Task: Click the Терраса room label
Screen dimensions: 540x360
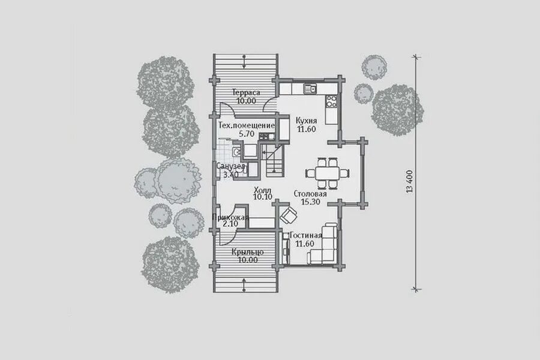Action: pos(246,92)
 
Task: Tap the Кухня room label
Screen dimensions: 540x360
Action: pos(306,121)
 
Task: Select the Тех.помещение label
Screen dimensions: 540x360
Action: pos(247,125)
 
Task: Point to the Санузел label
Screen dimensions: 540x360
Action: pos(231,167)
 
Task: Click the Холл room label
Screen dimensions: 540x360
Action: pos(262,190)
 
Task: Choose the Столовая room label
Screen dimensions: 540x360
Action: pos(310,194)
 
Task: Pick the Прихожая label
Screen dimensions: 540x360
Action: pos(230,217)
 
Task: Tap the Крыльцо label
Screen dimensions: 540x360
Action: pos(248,252)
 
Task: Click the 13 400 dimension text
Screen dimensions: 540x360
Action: pos(409,181)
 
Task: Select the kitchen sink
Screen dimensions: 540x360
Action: pos(310,89)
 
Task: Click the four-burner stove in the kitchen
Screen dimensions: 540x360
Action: pos(332,101)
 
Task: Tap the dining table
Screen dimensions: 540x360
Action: pos(328,173)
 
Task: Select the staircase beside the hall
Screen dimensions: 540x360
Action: pos(274,160)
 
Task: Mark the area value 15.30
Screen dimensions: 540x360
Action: pos(311,202)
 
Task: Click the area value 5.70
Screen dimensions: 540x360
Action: pos(247,134)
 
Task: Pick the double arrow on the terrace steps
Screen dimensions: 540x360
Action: pos(244,61)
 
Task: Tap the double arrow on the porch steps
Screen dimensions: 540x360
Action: pos(244,284)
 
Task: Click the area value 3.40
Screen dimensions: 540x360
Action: pos(231,175)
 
